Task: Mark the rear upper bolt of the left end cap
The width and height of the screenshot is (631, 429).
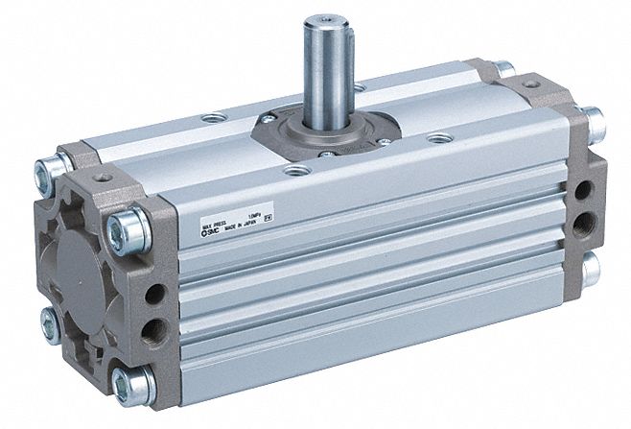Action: (43, 173)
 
